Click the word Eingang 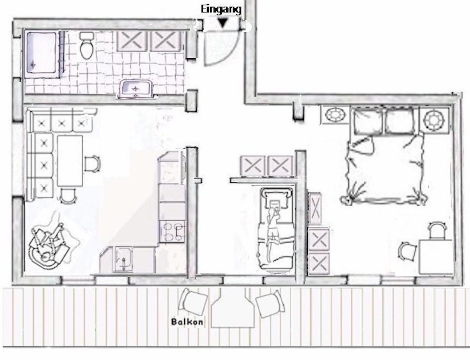click(x=221, y=9)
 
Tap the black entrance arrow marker click(x=222, y=23)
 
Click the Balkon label click(x=187, y=322)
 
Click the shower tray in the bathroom click(x=42, y=53)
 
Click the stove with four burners click(x=172, y=231)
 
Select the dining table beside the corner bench click(x=70, y=160)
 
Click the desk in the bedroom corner click(x=435, y=257)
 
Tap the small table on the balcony click(x=233, y=309)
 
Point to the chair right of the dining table click(x=92, y=163)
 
